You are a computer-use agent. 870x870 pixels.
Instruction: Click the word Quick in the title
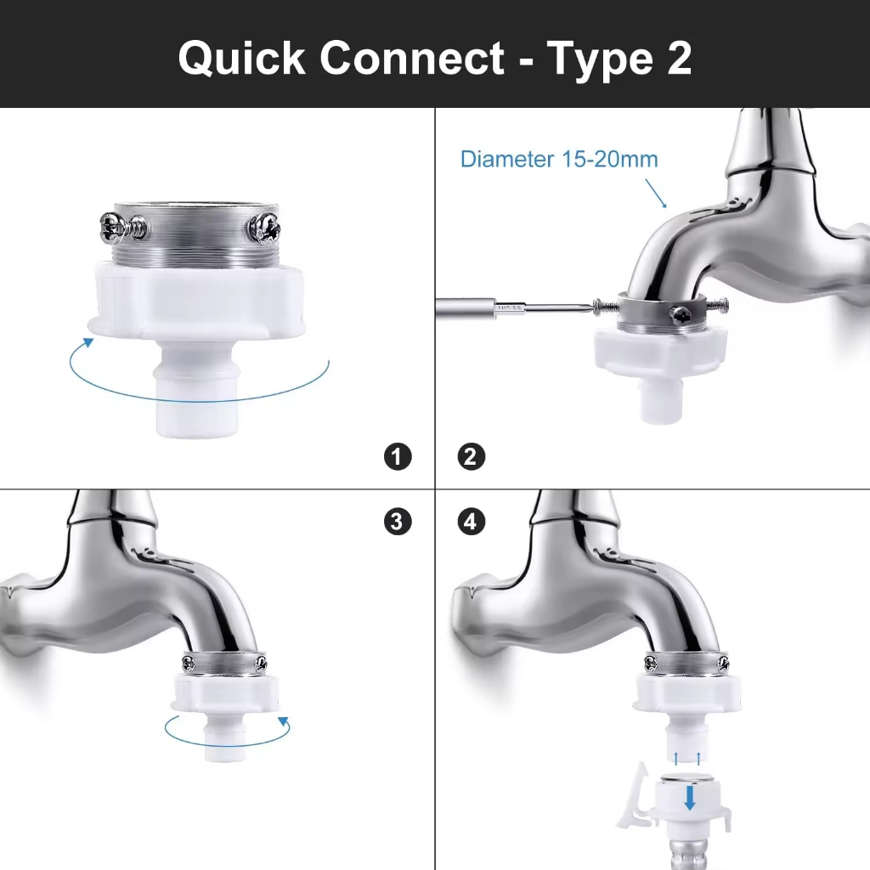[242, 59]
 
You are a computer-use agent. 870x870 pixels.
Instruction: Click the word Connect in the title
[412, 57]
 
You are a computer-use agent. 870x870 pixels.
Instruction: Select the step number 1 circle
[398, 456]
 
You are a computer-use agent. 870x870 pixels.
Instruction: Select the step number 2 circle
[471, 456]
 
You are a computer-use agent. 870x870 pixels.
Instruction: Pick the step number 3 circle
[398, 522]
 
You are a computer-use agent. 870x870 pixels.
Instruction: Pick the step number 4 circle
[471, 522]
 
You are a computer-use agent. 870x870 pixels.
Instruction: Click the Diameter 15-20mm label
[559, 159]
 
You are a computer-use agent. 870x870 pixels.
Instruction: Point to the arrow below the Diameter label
[656, 193]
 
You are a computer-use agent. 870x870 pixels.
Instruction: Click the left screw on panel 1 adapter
[123, 227]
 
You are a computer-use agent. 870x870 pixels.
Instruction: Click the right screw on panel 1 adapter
[264, 228]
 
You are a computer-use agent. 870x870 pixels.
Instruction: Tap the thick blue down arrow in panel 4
[690, 797]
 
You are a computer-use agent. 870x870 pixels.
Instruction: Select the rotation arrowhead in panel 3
[284, 722]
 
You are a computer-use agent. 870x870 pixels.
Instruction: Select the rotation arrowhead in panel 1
[88, 342]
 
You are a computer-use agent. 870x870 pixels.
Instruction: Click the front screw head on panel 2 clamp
[681, 315]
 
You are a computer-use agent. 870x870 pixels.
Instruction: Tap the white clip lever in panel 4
[635, 797]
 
